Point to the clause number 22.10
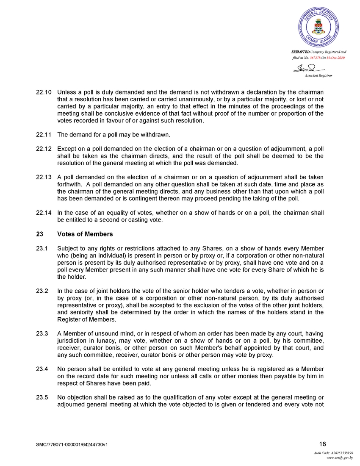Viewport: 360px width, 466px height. click(43, 92)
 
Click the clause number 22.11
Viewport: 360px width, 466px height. click(43, 135)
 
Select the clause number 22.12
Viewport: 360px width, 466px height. click(43, 149)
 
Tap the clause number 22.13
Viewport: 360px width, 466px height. click(43, 178)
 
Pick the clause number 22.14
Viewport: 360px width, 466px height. click(43, 213)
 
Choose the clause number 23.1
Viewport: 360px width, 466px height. click(42, 248)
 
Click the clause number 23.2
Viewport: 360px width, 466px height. click(42, 291)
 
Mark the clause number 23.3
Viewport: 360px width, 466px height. click(42, 333)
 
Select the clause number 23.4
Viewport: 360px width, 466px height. click(42, 369)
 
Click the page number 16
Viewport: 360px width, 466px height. click(322, 444)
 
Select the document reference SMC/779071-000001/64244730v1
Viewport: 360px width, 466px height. click(75, 445)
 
